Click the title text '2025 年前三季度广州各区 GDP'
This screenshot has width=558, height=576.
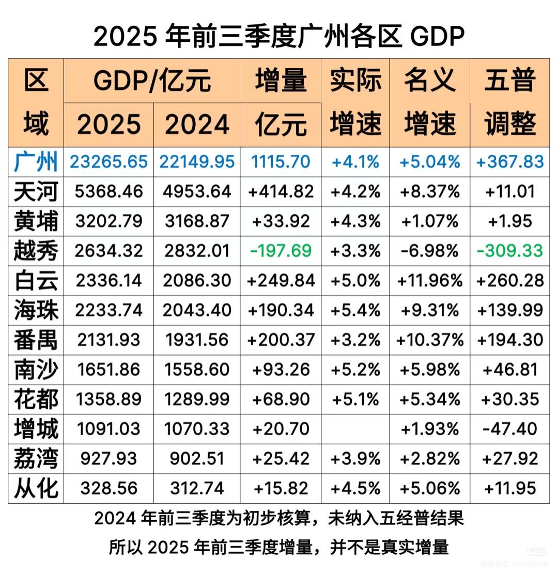point(279,36)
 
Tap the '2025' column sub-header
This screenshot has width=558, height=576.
point(109,124)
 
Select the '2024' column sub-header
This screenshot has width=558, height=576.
point(196,124)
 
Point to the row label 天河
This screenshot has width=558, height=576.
point(36,192)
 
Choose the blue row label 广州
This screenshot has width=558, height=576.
point(36,163)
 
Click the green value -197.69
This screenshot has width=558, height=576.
point(281,251)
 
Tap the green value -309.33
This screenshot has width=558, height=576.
point(509,251)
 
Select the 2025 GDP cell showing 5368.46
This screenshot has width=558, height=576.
point(109,192)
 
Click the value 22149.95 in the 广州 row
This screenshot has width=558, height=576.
point(196,163)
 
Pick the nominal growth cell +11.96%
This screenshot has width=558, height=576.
point(429,281)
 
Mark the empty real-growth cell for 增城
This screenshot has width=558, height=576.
point(355,429)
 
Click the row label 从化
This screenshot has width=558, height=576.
point(36,488)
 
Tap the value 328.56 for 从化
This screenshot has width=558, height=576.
point(109,488)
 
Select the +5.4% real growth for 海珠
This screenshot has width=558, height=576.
point(355,310)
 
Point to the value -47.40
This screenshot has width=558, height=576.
point(509,429)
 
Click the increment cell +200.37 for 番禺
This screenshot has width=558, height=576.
point(281,340)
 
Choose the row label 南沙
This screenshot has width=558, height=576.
point(36,370)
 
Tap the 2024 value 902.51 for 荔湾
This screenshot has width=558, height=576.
point(196,459)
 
